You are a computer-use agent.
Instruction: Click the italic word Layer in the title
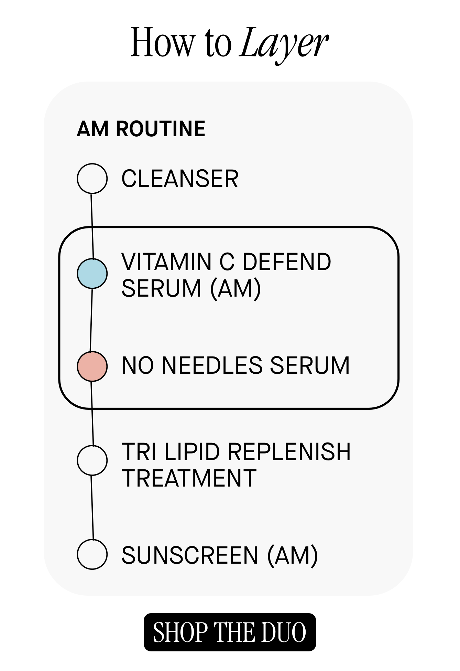click(284, 44)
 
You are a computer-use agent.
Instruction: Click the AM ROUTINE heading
click(141, 129)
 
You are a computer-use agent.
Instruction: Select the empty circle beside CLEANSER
click(92, 179)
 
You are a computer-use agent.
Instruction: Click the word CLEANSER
click(180, 179)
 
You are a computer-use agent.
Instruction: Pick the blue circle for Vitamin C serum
click(92, 274)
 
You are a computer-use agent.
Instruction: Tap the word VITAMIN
click(167, 262)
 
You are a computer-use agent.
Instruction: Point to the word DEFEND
click(287, 262)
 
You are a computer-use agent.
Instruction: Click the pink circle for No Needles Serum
click(92, 366)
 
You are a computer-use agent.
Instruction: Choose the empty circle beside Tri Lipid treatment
click(92, 460)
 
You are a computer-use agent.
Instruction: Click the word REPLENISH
click(289, 452)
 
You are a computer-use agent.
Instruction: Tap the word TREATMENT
click(189, 478)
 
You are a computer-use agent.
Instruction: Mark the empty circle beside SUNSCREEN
click(92, 554)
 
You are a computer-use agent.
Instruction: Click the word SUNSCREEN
click(190, 555)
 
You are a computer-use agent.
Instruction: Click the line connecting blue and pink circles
click(91, 320)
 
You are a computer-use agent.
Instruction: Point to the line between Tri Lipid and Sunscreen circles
click(92, 508)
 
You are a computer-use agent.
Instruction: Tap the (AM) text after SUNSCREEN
click(293, 555)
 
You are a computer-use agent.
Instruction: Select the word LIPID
click(192, 452)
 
